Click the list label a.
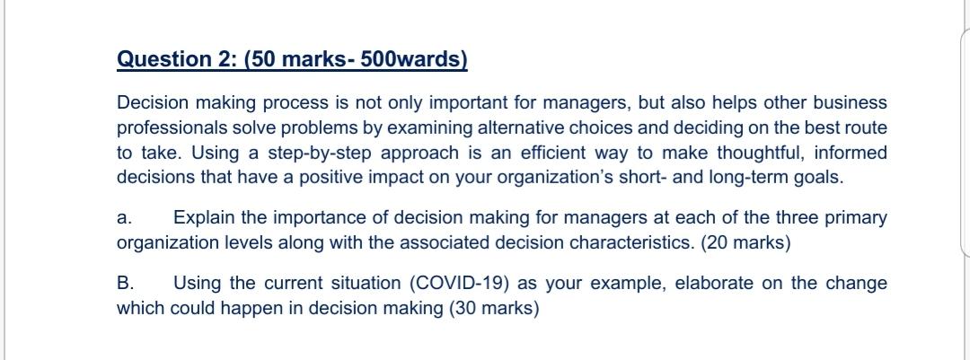coord(124,218)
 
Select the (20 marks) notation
coord(746,243)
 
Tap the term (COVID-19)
coord(458,284)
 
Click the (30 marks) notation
coord(494,308)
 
